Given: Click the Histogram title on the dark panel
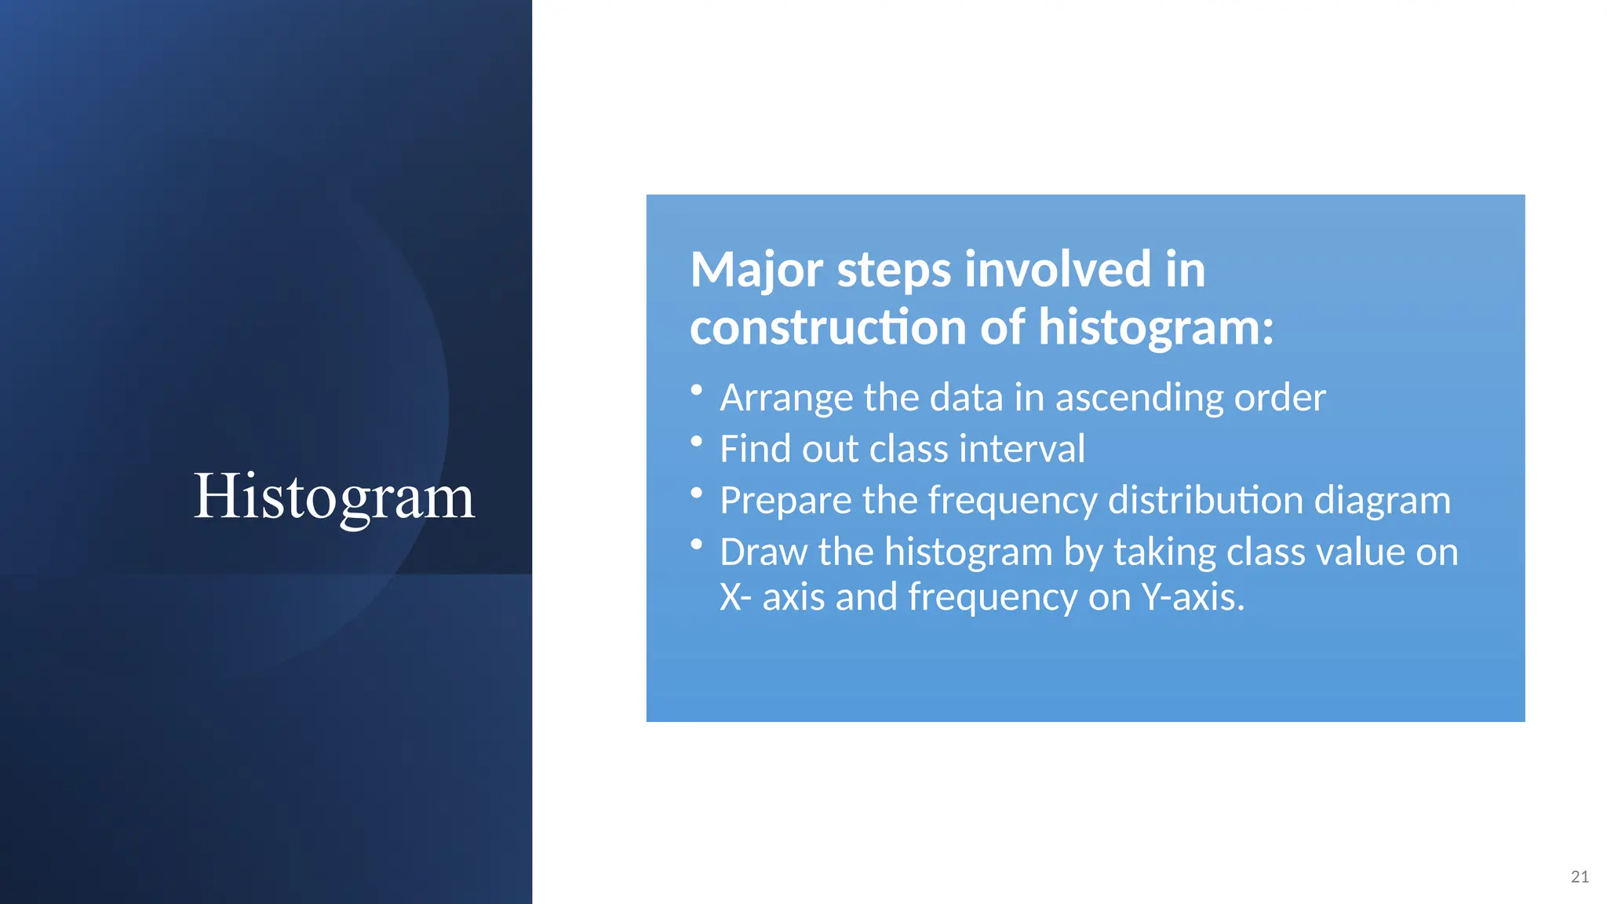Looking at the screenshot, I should click(334, 496).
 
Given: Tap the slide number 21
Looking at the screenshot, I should click(1580, 877).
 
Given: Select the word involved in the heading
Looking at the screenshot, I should click(1058, 270).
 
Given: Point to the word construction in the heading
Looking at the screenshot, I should click(828, 327).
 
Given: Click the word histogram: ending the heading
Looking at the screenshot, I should click(1156, 327).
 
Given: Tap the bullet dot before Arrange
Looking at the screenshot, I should click(696, 390).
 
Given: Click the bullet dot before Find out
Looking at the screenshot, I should click(696, 442).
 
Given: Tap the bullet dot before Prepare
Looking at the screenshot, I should click(696, 493).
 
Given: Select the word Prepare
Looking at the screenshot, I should click(785, 501).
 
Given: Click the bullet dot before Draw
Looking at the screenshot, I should click(696, 544).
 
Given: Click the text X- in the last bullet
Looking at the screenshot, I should click(735, 597).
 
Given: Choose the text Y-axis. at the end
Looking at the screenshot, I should click(1193, 597).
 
